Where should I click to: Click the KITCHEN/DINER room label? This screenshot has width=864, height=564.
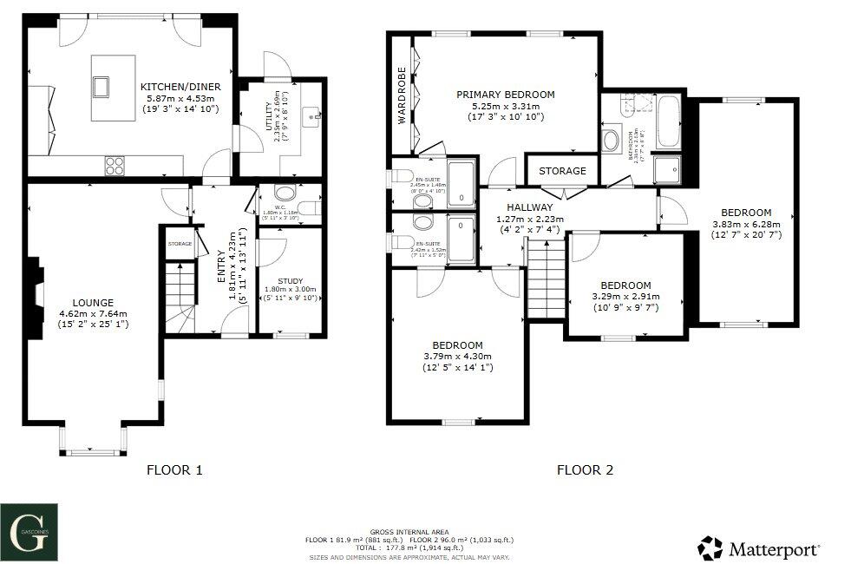[180, 87]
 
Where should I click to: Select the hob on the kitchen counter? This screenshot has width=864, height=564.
[115, 163]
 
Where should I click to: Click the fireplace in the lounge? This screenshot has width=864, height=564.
[35, 298]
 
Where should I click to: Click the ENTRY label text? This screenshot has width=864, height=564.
[220, 266]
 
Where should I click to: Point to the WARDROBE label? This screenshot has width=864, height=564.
[403, 96]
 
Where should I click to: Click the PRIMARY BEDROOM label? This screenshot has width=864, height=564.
[507, 95]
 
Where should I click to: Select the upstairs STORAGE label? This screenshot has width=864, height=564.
[562, 171]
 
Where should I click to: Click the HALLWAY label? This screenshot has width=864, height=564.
[530, 208]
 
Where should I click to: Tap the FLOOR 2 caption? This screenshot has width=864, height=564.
[585, 470]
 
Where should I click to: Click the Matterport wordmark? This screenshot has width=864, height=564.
[773, 548]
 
